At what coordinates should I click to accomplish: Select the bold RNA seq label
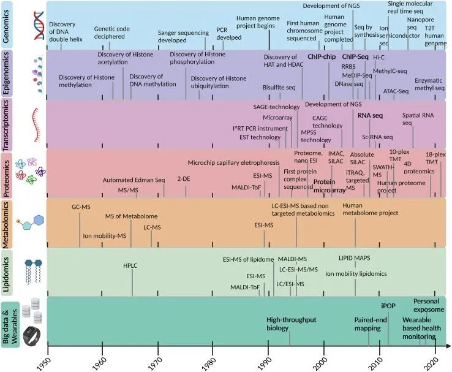pyautogui.click(x=370, y=114)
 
